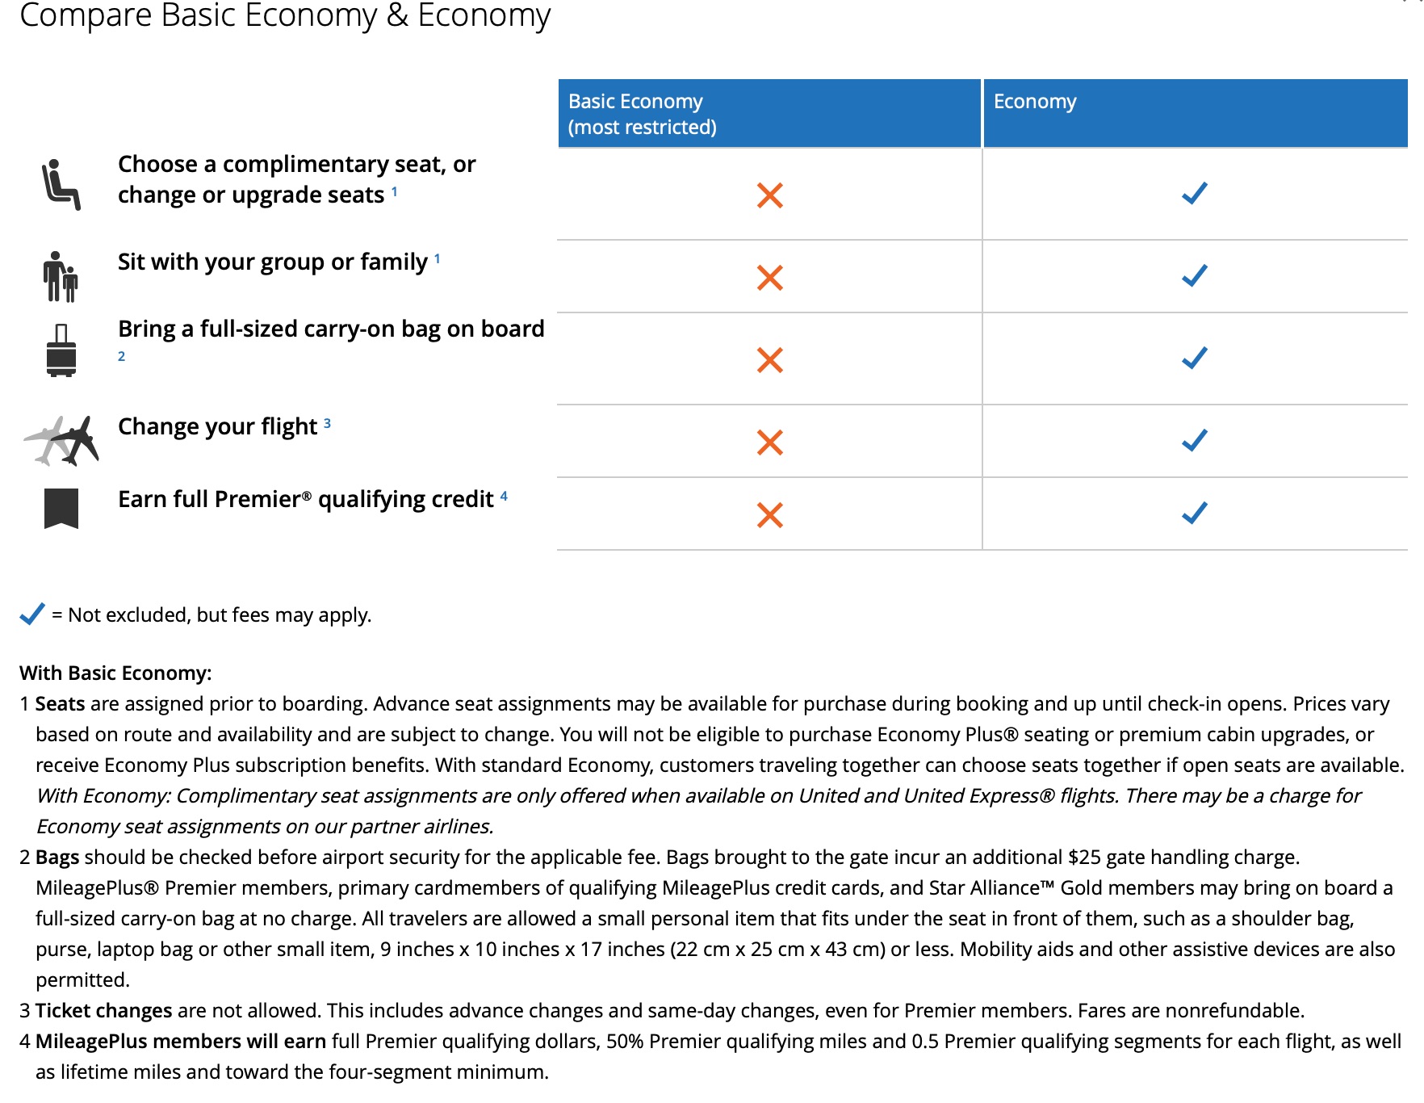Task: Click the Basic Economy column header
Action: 769,114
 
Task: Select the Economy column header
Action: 1195,114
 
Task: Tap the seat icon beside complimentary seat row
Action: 61,184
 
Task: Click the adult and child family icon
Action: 61,276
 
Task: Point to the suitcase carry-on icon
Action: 61,350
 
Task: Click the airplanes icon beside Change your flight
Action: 62,441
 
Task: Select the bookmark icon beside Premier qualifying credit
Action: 61,509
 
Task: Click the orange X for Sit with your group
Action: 770,278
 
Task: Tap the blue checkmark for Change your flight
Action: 1195,440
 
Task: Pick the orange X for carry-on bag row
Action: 770,360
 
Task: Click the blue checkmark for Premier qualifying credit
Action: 1195,513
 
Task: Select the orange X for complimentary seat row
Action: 770,195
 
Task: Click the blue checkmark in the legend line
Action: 32,614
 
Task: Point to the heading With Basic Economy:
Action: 115,673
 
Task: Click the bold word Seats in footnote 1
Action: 60,704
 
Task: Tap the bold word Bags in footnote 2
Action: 57,858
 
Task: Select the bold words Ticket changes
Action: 103,1011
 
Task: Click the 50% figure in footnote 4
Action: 624,1042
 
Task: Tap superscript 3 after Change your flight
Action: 327,423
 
